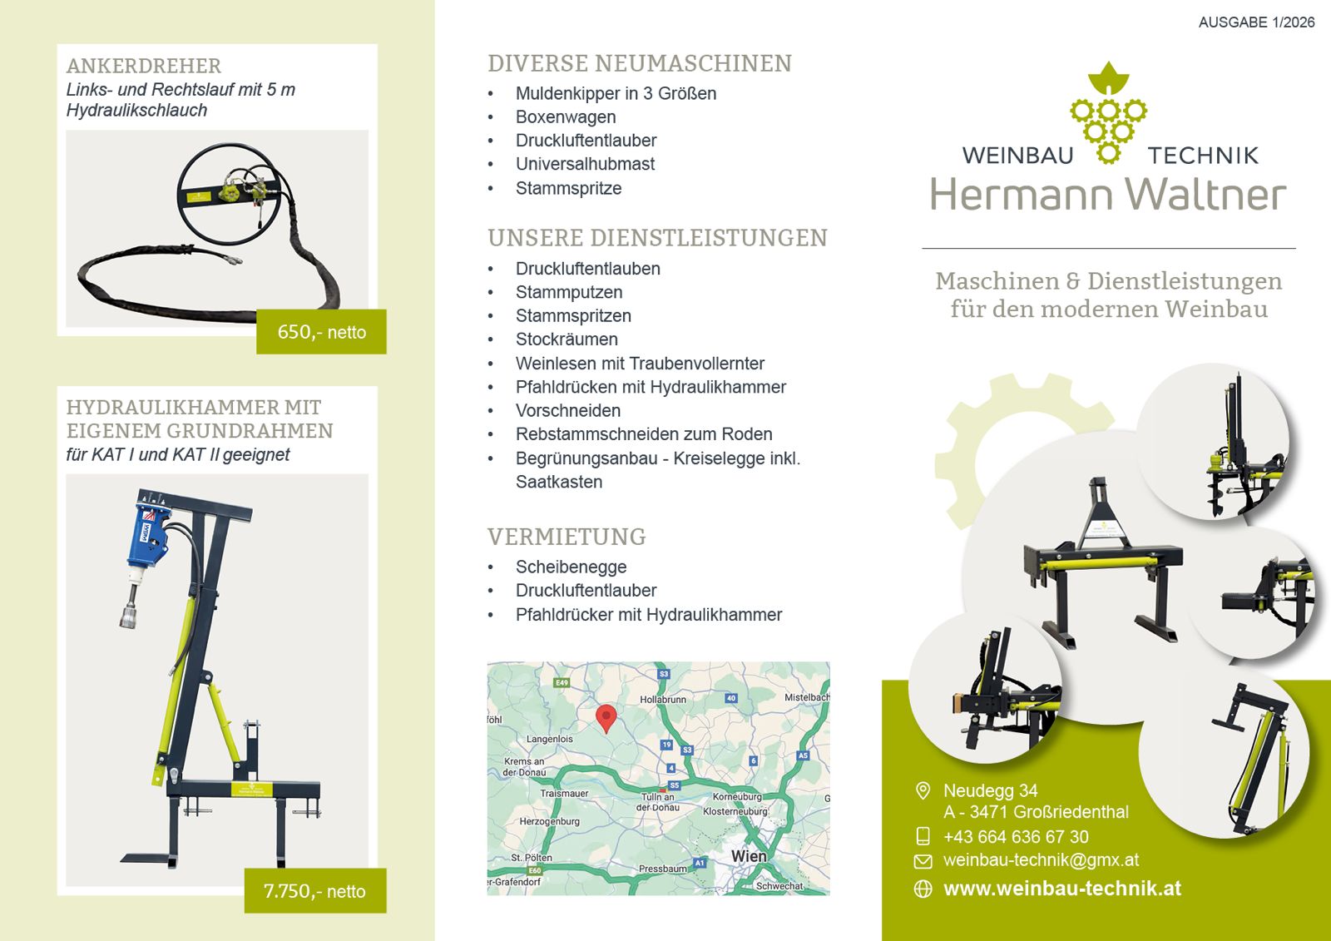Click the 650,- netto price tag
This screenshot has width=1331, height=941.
(x=321, y=332)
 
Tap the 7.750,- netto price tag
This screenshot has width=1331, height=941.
(x=315, y=890)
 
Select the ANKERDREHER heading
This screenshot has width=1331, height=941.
(x=144, y=66)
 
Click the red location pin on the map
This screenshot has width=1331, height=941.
(x=606, y=718)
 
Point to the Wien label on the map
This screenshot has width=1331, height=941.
(x=749, y=856)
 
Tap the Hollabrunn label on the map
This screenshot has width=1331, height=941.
(x=663, y=700)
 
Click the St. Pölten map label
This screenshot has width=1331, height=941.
(x=532, y=858)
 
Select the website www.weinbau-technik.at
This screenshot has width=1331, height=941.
(x=1062, y=888)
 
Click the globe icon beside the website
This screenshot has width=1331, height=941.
(x=923, y=889)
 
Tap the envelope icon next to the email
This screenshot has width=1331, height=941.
(x=923, y=861)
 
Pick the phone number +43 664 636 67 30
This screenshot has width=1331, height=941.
(x=1016, y=837)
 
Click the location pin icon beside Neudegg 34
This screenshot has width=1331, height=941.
(x=923, y=790)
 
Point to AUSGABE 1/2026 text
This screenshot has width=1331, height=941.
(x=1257, y=22)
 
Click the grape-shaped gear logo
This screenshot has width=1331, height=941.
(x=1108, y=112)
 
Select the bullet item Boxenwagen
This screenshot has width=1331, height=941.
(x=566, y=117)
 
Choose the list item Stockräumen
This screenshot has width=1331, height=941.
(x=567, y=339)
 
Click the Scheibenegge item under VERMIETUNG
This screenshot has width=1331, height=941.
(x=571, y=567)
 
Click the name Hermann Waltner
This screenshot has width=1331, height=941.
(x=1108, y=195)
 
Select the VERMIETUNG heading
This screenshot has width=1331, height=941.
(x=567, y=537)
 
